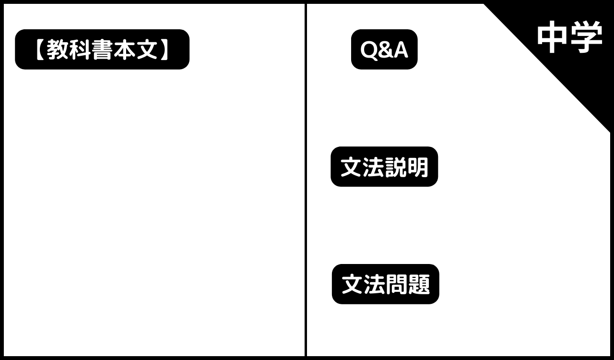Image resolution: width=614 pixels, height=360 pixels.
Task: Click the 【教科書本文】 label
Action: click(102, 49)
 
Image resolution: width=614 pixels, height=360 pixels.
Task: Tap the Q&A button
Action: click(384, 49)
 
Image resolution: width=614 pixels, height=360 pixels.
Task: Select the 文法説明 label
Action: click(384, 167)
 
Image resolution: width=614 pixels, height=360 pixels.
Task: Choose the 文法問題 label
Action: click(385, 284)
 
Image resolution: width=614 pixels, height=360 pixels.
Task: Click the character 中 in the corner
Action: click(552, 37)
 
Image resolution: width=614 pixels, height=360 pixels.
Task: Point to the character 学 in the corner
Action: click(586, 37)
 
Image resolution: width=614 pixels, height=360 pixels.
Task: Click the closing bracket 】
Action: click(164, 49)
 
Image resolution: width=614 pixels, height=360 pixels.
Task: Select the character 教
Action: click(57, 49)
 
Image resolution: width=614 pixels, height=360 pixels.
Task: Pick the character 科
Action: click(80, 49)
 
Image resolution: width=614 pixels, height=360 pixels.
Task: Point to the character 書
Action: click(102, 49)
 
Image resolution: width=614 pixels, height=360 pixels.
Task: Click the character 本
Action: click(125, 49)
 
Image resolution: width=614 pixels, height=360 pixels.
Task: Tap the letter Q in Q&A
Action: click(369, 50)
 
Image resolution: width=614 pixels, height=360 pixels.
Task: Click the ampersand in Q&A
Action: click(385, 50)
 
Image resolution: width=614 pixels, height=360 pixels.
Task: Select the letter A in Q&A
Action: click(400, 50)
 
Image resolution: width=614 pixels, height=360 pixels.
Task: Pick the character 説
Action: click(395, 167)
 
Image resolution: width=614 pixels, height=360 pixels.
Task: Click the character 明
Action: click(417, 167)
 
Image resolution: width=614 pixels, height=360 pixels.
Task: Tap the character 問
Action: click(396, 284)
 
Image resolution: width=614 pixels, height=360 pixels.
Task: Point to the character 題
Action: click(419, 284)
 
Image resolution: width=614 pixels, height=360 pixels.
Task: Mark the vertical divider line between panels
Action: click(306, 180)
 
